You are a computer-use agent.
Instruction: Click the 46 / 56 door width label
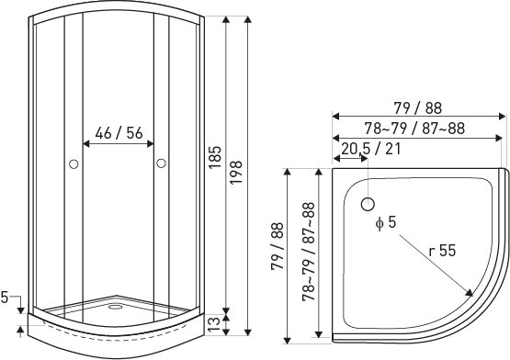tap(119, 132)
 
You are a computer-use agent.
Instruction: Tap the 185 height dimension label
tap(215, 157)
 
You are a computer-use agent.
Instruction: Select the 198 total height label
tap(236, 173)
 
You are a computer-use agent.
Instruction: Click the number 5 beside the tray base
tap(5, 297)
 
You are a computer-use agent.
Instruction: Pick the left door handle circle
tap(74, 164)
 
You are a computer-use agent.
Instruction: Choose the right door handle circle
tap(161, 163)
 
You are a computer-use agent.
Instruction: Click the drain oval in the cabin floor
tap(115, 307)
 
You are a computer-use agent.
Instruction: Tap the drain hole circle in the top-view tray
tap(368, 204)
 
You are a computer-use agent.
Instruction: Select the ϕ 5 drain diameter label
tap(386, 223)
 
